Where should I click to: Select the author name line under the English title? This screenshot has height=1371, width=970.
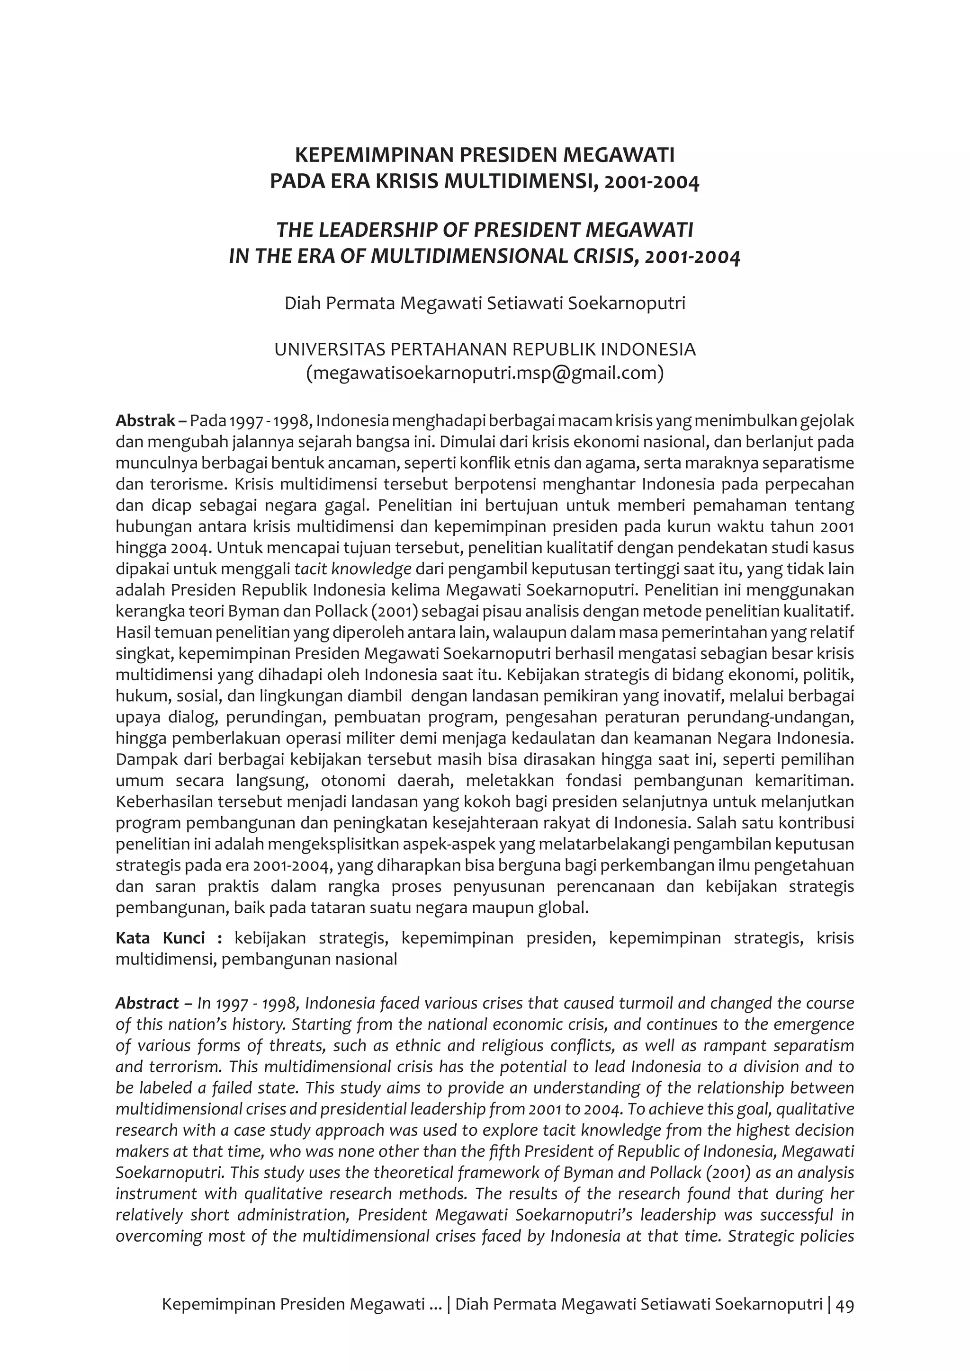coord(485,303)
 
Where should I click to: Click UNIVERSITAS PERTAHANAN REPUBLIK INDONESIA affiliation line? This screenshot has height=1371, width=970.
coord(485,349)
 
